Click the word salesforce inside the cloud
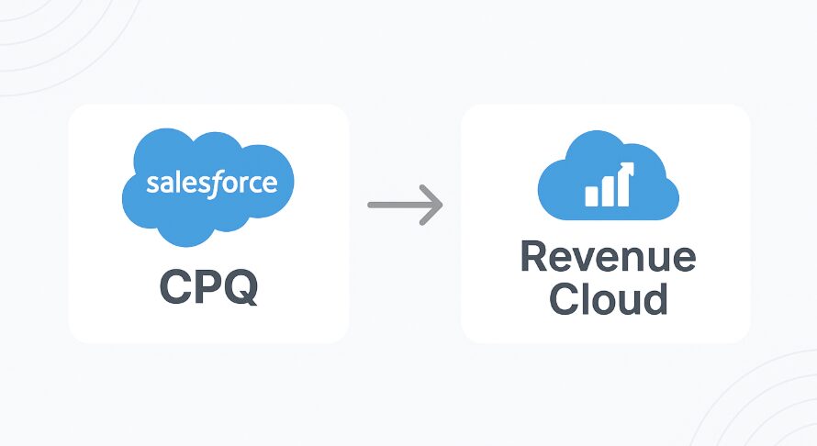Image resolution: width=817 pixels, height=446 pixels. (x=211, y=182)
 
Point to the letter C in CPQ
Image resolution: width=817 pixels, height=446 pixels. (x=175, y=287)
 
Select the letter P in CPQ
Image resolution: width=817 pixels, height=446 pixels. (x=209, y=287)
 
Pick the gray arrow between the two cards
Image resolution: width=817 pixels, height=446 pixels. (x=404, y=204)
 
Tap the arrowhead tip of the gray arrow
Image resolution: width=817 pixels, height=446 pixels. (x=441, y=204)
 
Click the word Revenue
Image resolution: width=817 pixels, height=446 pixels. (x=608, y=257)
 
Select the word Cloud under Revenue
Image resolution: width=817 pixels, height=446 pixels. (x=608, y=299)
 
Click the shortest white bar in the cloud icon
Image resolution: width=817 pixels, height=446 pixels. (x=591, y=195)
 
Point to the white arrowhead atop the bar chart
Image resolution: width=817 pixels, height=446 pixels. (x=626, y=167)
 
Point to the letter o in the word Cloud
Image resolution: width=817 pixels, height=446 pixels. (x=603, y=302)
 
